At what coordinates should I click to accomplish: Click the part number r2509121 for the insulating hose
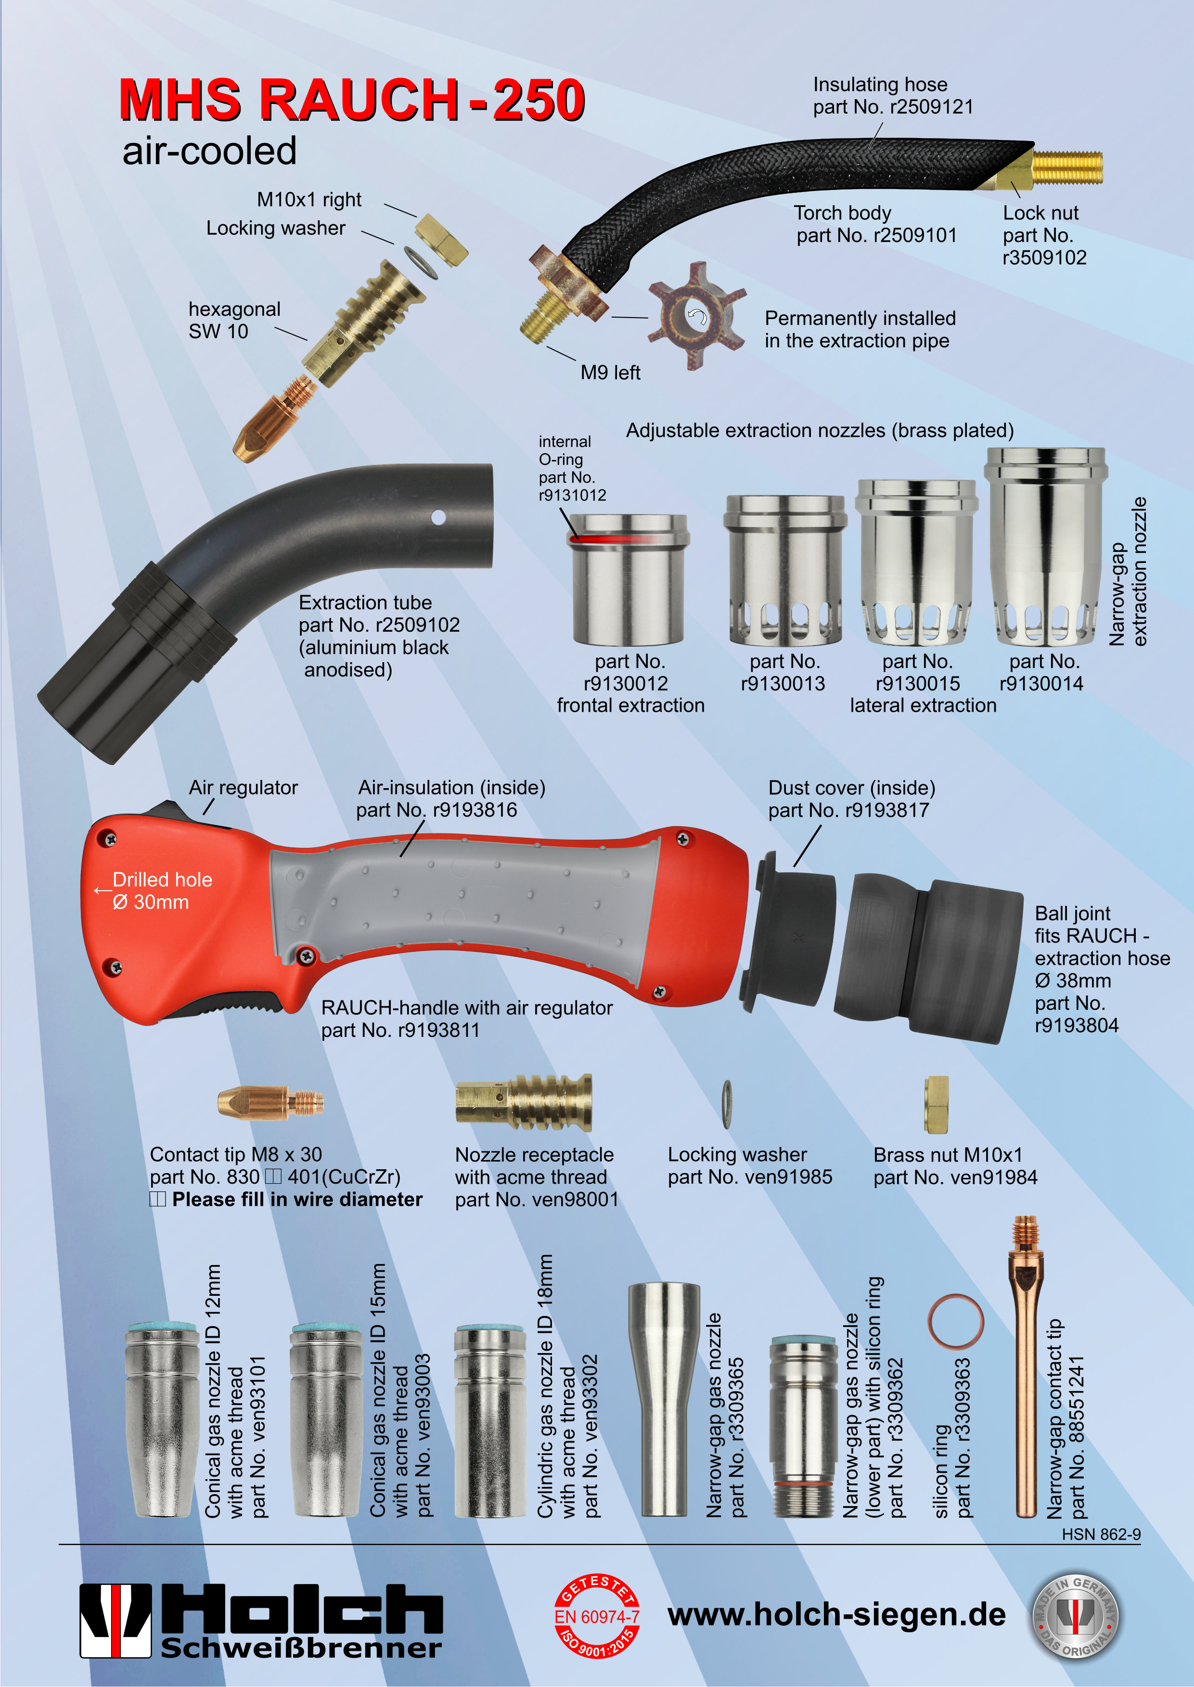click(932, 107)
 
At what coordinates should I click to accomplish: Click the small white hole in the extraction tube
click(438, 517)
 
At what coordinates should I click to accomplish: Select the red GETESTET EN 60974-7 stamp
click(596, 1616)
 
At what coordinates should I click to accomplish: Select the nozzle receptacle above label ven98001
click(524, 1102)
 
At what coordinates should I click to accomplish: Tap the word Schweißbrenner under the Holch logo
click(301, 1649)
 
